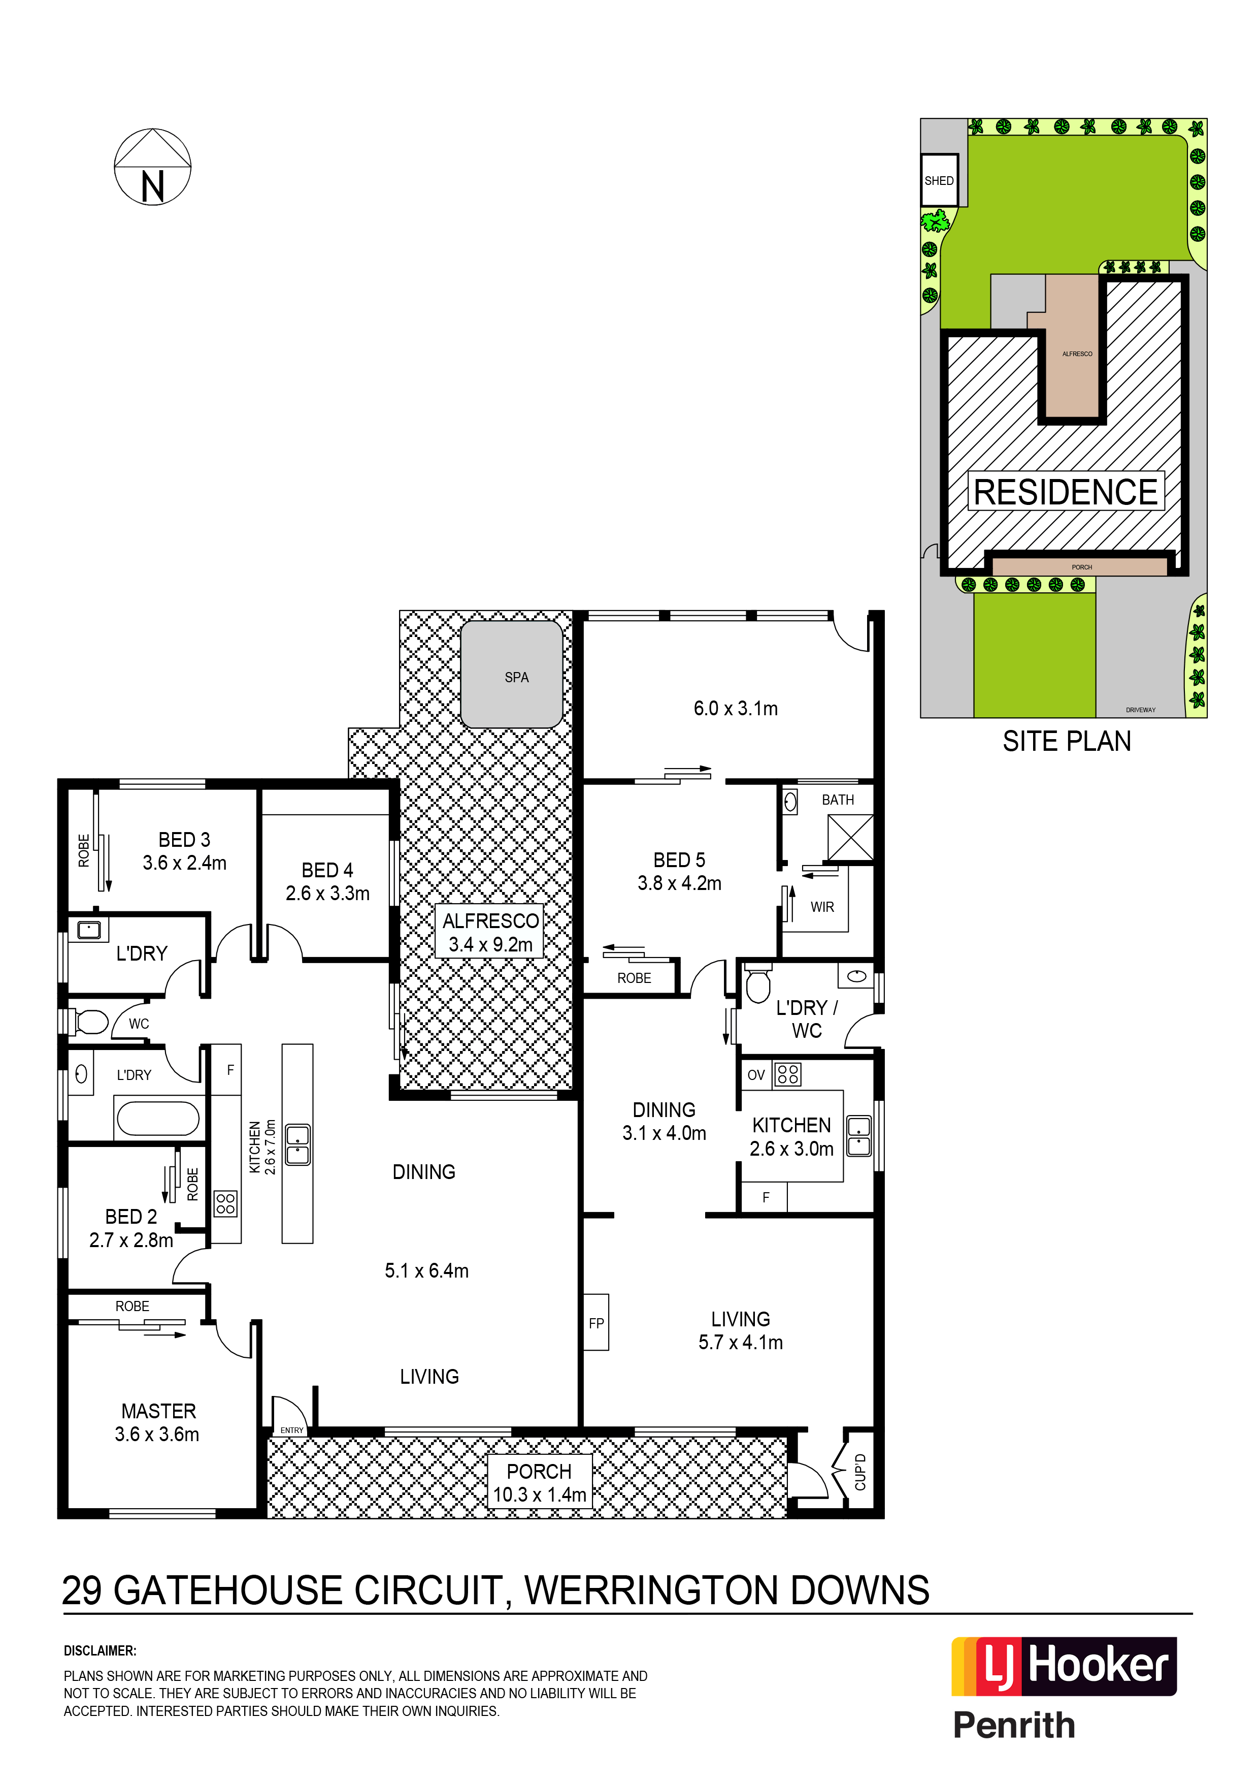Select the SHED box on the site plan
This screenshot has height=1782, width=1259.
coord(939,180)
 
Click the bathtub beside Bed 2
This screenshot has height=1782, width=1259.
coord(157,1119)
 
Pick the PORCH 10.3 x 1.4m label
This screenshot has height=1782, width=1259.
coord(539,1482)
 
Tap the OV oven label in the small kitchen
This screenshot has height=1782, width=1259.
coord(755,1075)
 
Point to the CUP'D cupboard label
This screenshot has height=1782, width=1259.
coord(859,1472)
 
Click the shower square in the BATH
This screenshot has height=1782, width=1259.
coord(850,838)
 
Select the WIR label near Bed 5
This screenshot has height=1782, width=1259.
coord(822,907)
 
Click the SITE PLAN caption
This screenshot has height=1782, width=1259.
coord(1067,741)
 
